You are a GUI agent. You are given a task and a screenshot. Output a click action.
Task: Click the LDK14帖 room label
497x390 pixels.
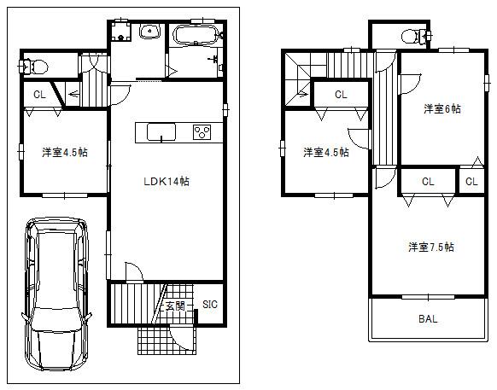[x=166, y=182]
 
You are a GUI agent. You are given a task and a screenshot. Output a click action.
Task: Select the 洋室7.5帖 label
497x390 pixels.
[x=430, y=247]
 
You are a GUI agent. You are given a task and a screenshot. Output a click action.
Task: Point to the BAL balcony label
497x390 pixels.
[x=428, y=320]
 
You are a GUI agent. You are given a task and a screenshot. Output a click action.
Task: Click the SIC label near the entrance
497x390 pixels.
[x=209, y=305]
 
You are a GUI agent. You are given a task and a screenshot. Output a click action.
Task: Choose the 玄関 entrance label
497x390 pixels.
[x=175, y=306]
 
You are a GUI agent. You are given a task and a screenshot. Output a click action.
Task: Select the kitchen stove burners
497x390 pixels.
[x=203, y=131]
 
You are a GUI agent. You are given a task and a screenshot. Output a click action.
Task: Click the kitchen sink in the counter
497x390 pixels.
[x=161, y=131]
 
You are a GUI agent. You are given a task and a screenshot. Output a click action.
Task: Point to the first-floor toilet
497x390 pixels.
[x=35, y=65]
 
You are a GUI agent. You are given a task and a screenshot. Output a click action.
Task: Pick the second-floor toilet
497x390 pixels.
[x=412, y=35]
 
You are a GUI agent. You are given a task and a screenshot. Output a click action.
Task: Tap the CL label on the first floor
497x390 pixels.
[x=39, y=95]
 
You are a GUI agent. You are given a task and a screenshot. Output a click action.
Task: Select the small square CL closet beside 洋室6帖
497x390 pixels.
[x=471, y=181]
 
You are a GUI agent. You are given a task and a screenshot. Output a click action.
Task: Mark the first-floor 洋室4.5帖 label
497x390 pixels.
[x=64, y=153]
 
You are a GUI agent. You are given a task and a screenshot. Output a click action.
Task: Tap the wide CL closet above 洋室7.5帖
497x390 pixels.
[x=428, y=181]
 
